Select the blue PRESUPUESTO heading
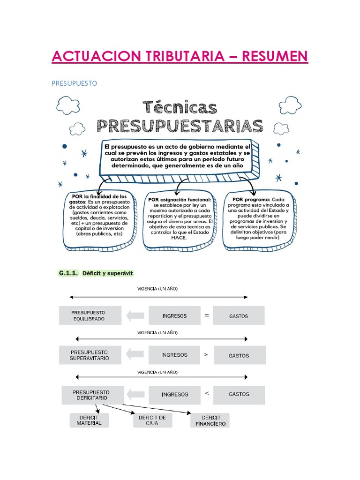click(x=74, y=83)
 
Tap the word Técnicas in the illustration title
click(x=180, y=108)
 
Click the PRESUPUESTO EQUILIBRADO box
click(x=90, y=315)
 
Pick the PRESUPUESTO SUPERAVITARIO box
click(x=90, y=355)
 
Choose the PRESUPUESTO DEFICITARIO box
click(x=92, y=395)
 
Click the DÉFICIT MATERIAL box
click(x=89, y=420)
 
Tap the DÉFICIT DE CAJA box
click(x=152, y=420)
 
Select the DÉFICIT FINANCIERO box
click(x=210, y=420)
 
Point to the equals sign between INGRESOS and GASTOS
click(x=206, y=315)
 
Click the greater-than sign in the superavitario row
click(x=205, y=355)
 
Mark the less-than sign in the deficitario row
click(x=206, y=394)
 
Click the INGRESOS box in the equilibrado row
click(x=174, y=315)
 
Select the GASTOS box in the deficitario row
click(x=239, y=394)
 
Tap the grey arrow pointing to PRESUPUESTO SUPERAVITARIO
click(x=135, y=355)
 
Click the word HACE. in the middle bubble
click(x=180, y=238)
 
